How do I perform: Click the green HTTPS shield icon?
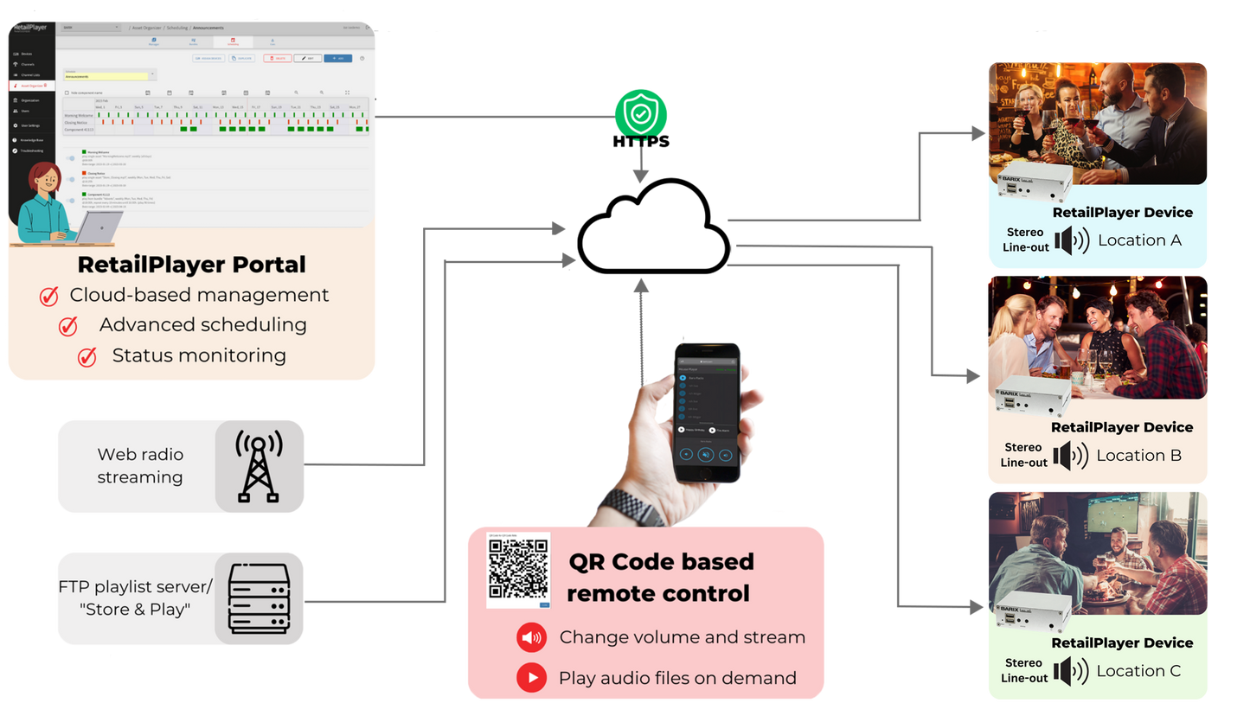click(641, 113)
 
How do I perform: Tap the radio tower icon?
click(260, 467)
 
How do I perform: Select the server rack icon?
click(260, 598)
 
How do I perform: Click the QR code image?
click(518, 569)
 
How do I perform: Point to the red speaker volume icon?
click(531, 638)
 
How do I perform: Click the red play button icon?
click(531, 678)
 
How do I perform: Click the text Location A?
click(1139, 240)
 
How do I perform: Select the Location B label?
click(1138, 456)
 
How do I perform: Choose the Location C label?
click(1138, 671)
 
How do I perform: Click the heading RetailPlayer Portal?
click(191, 264)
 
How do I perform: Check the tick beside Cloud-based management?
click(49, 297)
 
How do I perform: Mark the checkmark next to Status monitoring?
click(87, 356)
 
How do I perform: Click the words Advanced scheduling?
click(202, 325)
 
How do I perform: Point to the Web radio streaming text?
click(140, 466)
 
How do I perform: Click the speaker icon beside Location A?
click(1071, 240)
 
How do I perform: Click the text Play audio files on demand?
click(677, 678)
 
